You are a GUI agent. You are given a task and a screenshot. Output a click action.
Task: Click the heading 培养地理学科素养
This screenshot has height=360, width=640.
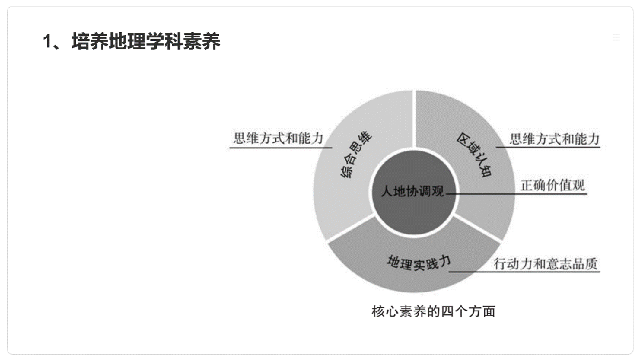point(146,42)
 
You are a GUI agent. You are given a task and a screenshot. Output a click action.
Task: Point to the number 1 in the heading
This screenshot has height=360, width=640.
point(48,42)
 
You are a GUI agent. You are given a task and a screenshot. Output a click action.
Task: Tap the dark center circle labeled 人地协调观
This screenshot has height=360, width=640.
point(413,192)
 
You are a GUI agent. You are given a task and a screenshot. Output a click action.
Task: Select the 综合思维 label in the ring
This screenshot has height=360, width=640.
point(355,154)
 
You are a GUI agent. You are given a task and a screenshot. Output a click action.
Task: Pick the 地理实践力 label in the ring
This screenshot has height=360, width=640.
point(419,263)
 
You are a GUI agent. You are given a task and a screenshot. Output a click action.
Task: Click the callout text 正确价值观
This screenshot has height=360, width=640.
point(553,185)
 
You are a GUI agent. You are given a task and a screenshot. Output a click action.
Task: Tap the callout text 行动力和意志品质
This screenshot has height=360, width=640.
point(546,264)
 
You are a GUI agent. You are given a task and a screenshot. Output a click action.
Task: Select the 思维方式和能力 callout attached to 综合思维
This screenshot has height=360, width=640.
point(278,138)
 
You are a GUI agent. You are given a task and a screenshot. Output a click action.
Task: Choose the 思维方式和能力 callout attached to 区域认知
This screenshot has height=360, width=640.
point(555,139)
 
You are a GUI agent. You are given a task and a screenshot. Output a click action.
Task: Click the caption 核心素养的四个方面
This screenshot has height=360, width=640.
point(434,311)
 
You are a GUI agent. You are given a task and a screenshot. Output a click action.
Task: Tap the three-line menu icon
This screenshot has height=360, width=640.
point(616,37)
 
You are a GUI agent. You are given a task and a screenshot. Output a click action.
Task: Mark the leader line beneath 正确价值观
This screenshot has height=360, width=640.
point(517,194)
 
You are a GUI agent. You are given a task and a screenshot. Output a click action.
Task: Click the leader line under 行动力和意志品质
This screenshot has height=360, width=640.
point(524,272)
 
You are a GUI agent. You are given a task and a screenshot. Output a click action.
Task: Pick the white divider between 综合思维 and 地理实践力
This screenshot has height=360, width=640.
point(351,228)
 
